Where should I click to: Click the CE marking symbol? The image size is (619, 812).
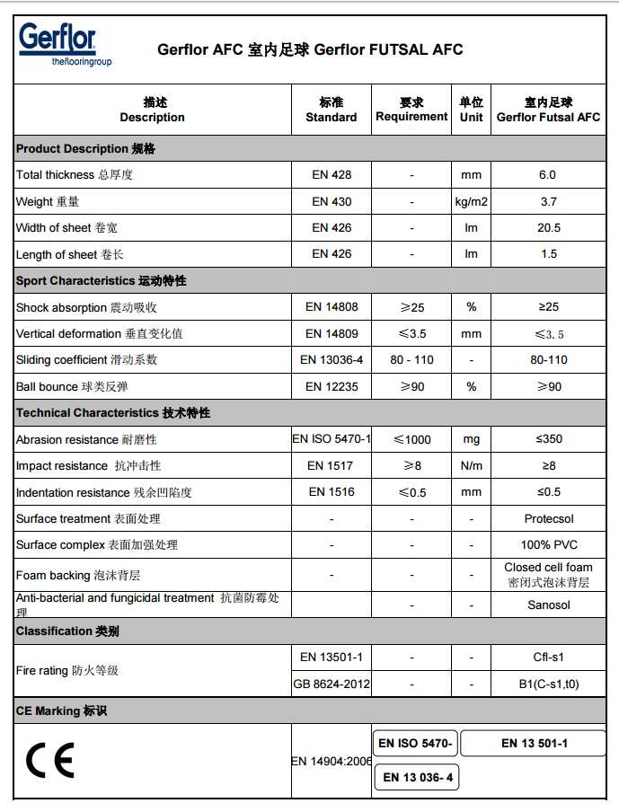click(50, 761)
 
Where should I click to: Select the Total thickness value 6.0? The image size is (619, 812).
click(548, 175)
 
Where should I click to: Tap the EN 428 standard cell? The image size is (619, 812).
click(332, 175)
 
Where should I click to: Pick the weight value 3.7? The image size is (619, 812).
click(548, 202)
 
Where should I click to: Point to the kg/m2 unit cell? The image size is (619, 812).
click(472, 202)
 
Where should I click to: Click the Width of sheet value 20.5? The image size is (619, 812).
click(548, 228)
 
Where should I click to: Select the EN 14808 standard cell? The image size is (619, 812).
click(332, 307)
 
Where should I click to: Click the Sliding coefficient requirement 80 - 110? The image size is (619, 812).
click(411, 360)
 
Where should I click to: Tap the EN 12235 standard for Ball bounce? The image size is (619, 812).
click(332, 386)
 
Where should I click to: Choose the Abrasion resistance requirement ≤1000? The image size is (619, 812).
click(411, 439)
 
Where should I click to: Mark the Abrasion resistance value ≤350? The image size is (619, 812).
click(548, 439)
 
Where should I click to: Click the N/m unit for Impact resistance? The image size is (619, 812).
click(472, 465)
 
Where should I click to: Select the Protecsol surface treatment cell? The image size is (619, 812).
click(548, 518)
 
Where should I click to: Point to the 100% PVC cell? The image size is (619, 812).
click(548, 544)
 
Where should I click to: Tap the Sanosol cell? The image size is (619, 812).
click(548, 605)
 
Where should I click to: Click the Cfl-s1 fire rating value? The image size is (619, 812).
click(548, 658)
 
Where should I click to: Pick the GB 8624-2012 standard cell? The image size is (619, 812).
click(332, 684)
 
